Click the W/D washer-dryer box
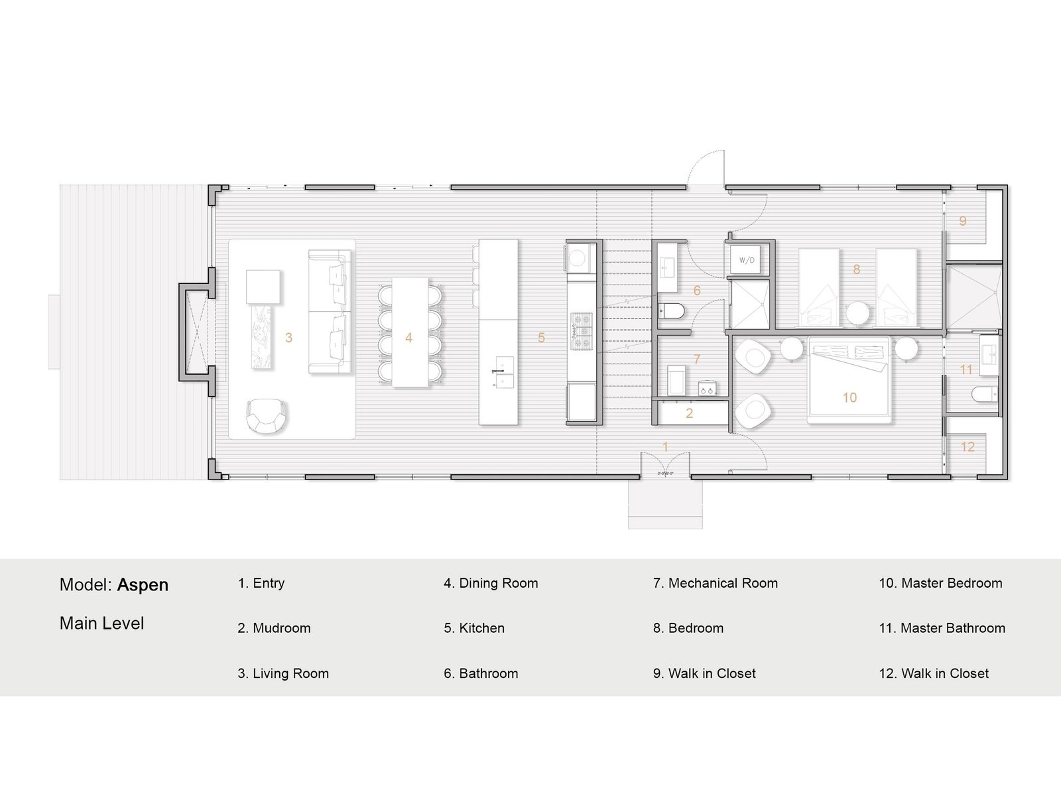coord(747,260)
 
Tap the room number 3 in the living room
coord(288,338)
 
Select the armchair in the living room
coord(265,415)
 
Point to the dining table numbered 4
coord(409,332)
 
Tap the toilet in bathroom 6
coord(672,311)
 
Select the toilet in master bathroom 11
coord(983,395)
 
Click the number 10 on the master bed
coord(849,397)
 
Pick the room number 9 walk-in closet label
coord(962,221)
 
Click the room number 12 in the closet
coord(967,446)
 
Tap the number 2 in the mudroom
coord(689,413)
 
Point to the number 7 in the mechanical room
coord(696,359)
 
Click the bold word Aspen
coord(143,585)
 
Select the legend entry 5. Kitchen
coord(474,628)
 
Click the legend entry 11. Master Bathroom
coord(942,628)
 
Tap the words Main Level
coord(101,624)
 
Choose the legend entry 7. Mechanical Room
coord(716,583)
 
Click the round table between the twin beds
coord(857,314)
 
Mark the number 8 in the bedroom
coord(857,269)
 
